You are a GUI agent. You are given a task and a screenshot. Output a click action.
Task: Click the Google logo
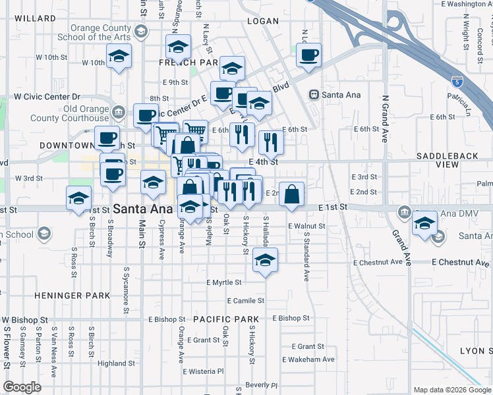22,387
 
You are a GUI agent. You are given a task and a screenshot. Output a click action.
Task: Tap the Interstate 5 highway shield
457,82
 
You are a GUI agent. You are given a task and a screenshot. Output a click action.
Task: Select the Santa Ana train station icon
314,95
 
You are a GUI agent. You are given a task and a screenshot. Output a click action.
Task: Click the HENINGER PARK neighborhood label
72,296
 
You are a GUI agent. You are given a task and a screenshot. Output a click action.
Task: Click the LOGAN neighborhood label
264,21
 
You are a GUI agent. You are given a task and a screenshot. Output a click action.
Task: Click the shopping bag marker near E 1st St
292,195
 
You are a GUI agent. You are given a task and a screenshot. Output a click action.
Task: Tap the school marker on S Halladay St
265,261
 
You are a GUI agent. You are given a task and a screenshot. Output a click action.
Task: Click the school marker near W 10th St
119,58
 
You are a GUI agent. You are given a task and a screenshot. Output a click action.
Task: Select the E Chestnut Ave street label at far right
461,262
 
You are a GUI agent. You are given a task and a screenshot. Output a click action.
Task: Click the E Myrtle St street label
224,282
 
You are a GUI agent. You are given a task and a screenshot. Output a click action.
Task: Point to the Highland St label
116,363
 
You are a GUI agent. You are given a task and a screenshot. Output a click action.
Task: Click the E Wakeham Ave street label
308,359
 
